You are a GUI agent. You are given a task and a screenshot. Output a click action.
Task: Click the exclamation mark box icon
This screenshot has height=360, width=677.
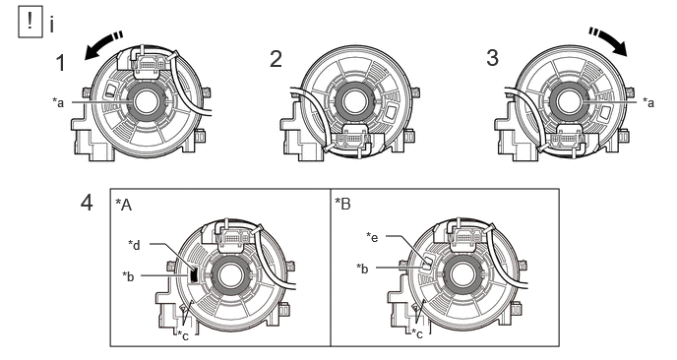(31, 23)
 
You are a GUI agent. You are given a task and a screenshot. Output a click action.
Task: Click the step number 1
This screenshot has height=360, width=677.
(61, 63)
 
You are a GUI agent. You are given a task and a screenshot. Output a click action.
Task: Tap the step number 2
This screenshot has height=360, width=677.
(276, 59)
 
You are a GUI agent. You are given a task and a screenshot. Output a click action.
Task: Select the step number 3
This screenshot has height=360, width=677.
(492, 58)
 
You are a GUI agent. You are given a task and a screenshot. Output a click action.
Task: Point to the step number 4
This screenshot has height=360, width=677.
(87, 203)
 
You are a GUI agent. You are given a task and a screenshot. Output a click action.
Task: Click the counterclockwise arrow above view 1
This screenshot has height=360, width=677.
(102, 44)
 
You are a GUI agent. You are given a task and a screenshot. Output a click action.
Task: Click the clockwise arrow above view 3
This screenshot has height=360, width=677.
(608, 41)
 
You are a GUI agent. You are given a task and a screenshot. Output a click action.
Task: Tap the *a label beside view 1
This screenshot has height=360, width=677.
(58, 102)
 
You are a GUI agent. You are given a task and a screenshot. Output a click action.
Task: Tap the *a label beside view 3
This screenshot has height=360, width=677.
(648, 102)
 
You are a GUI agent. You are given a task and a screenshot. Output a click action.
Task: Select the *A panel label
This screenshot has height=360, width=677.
(123, 205)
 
